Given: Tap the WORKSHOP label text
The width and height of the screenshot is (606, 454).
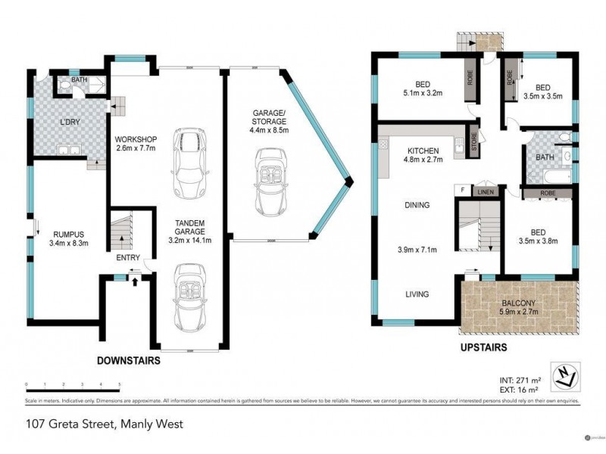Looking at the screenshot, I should point(135,140).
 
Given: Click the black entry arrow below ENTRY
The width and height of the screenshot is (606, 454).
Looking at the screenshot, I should point(135,282).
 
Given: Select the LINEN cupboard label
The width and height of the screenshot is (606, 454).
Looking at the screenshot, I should point(485,192).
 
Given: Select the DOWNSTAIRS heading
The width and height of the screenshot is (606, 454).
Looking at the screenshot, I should point(128,362).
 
